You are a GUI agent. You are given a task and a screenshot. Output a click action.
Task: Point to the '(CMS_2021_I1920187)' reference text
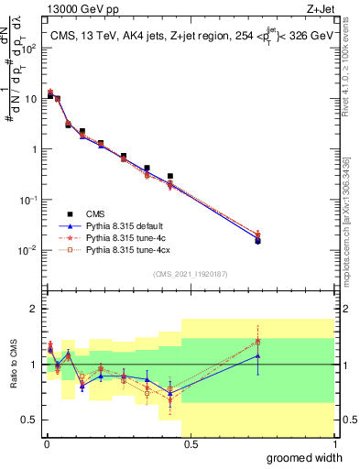click(x=190, y=272)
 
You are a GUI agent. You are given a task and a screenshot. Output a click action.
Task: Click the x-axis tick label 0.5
click(x=190, y=443)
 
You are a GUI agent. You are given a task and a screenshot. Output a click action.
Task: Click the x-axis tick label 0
click(x=45, y=443)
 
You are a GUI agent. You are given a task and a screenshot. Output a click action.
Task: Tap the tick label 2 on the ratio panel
click(x=33, y=309)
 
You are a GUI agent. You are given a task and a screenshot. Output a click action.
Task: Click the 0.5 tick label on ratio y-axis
click(x=28, y=420)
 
